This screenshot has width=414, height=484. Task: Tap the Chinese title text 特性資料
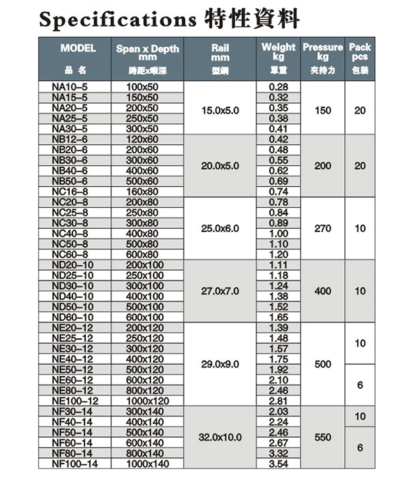[x=251, y=19]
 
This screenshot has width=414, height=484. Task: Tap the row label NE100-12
[x=75, y=401]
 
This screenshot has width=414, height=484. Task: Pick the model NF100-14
[x=75, y=463]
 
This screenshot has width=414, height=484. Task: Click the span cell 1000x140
[x=148, y=463]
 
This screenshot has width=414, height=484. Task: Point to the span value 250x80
[x=142, y=213]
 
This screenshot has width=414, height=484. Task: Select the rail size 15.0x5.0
[x=221, y=110]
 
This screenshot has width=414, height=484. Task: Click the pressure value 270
[x=322, y=228]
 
